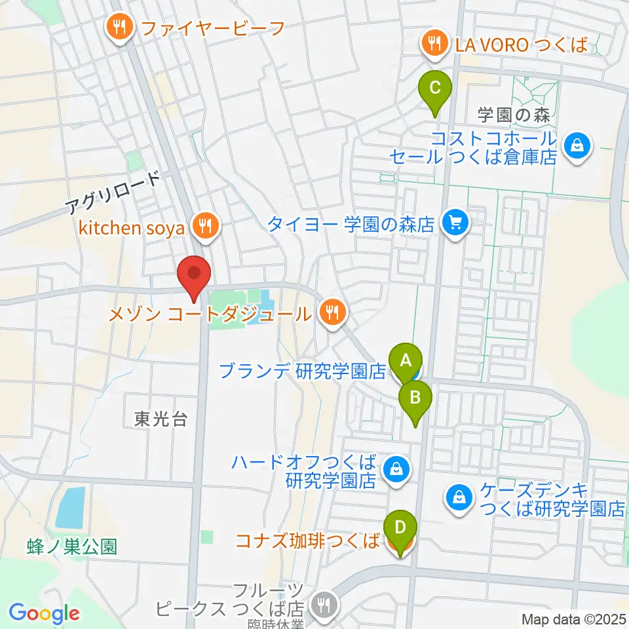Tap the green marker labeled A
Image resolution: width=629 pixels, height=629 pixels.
[406, 360]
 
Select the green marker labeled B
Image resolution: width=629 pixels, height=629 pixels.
[415, 398]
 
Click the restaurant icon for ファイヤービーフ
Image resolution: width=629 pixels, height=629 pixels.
[119, 27]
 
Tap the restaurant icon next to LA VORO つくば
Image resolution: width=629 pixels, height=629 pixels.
[434, 45]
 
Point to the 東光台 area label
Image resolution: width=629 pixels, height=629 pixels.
[161, 420]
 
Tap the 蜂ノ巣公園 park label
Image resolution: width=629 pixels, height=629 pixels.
[73, 546]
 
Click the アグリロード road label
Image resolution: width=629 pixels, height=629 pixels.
[113, 194]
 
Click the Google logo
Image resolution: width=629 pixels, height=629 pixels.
[44, 613]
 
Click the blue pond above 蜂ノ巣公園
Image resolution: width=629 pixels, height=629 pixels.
[70, 508]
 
